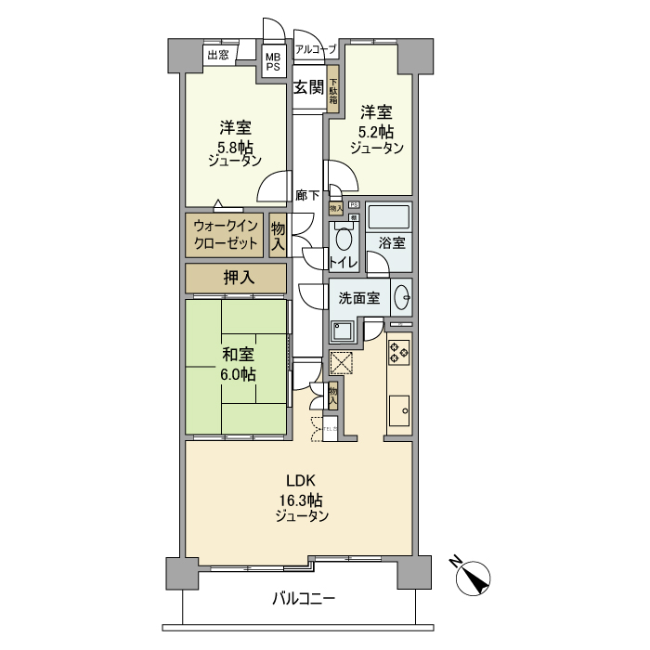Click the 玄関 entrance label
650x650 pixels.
[308, 88]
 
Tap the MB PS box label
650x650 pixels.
[273, 61]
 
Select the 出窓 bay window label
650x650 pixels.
[218, 55]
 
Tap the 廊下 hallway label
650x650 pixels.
[308, 195]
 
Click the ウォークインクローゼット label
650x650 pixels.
[227, 235]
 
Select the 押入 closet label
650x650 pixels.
[236, 278]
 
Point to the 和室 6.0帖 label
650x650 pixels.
[237, 364]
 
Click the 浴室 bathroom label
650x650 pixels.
[390, 243]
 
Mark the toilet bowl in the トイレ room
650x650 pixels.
[344, 240]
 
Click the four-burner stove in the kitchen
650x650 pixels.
[399, 352]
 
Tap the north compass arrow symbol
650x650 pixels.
[476, 577]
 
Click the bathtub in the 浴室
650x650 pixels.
[389, 216]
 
